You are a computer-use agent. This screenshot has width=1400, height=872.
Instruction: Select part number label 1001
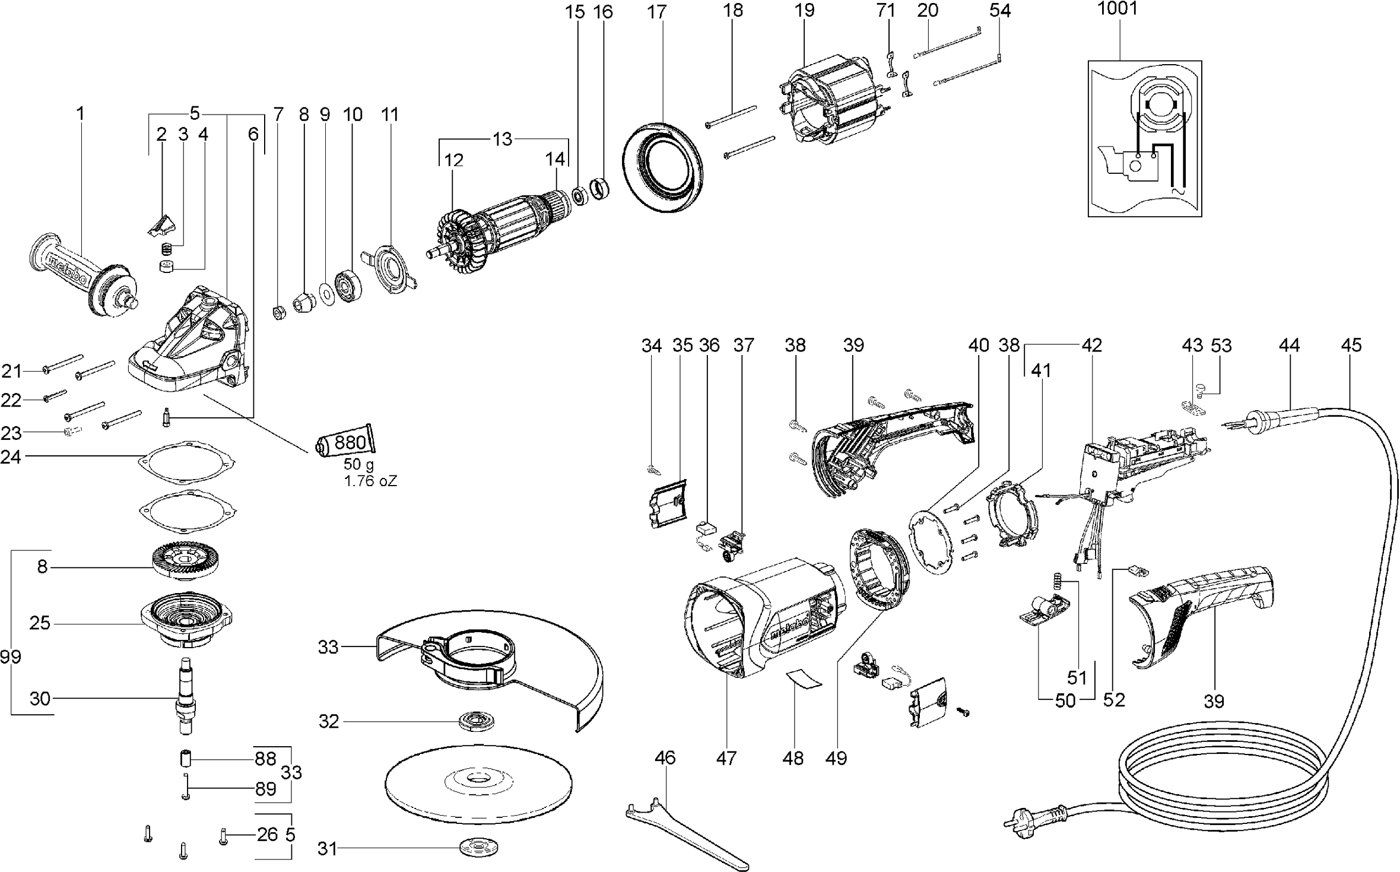(x=1118, y=9)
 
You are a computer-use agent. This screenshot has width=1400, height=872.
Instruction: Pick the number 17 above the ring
(x=657, y=12)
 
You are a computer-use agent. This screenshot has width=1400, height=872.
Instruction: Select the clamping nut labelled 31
(x=478, y=848)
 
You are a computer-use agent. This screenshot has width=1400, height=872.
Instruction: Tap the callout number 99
(x=11, y=657)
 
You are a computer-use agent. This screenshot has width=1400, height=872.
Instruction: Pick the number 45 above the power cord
(x=1351, y=345)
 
